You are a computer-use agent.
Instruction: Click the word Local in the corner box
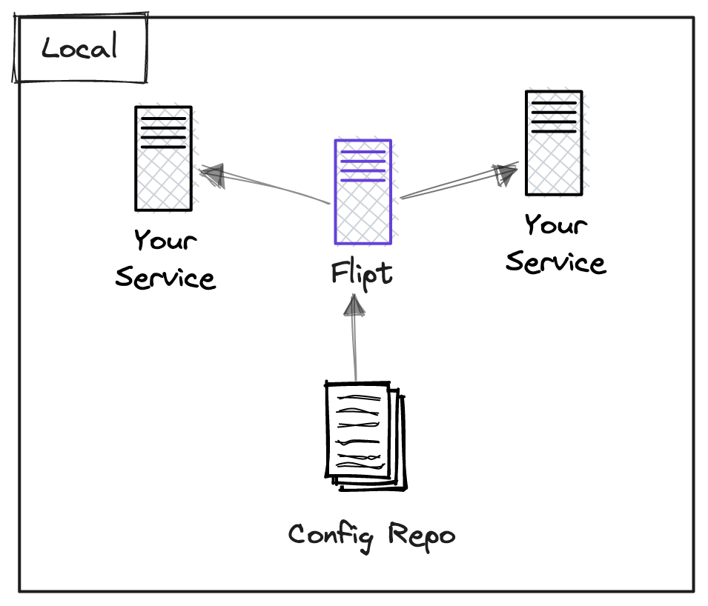click(79, 46)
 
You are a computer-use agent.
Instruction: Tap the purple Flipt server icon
click(363, 192)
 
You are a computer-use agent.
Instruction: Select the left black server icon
click(163, 159)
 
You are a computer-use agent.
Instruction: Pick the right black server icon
click(554, 143)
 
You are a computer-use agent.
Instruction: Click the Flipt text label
click(362, 275)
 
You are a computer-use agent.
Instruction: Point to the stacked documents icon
click(365, 436)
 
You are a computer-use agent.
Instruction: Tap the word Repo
click(422, 536)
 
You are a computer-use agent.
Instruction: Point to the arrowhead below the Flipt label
click(354, 305)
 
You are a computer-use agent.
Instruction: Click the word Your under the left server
click(166, 239)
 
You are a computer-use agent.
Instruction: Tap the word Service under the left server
click(166, 277)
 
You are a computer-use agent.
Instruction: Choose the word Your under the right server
click(556, 224)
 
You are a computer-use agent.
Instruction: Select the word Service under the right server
click(556, 262)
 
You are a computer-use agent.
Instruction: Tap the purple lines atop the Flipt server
click(363, 166)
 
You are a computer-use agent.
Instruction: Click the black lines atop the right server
click(554, 117)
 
